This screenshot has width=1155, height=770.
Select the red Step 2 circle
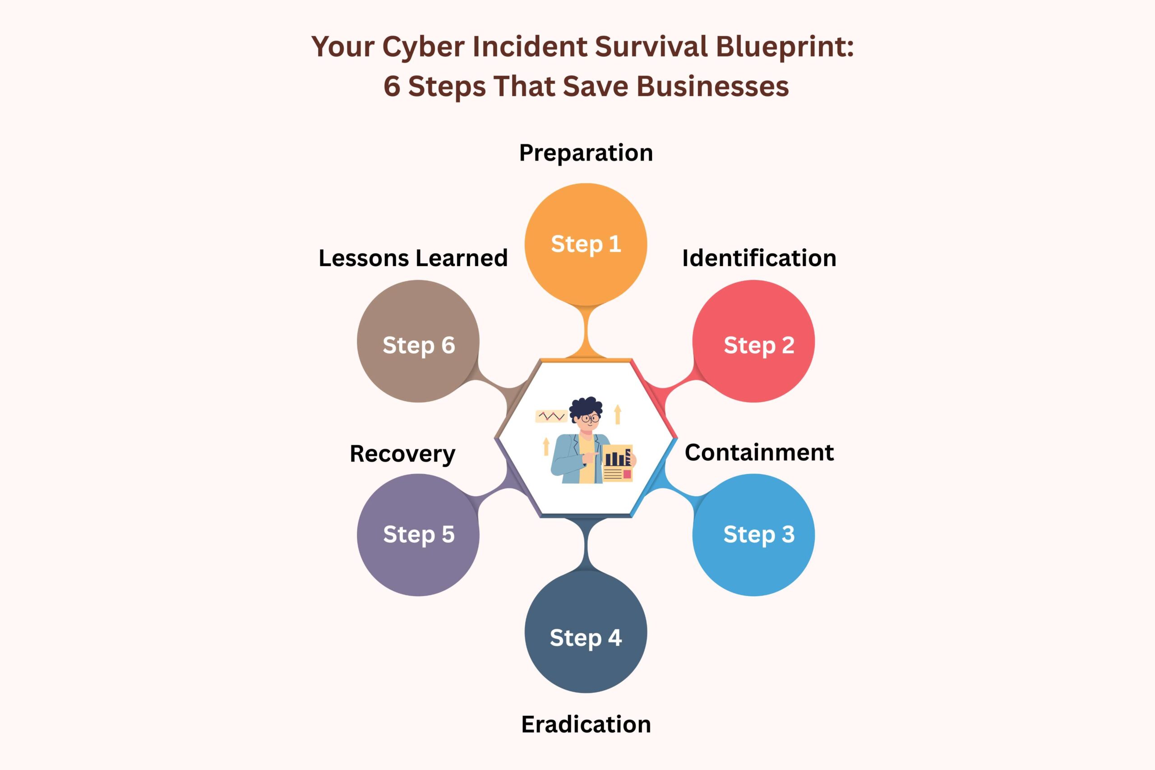coord(753,341)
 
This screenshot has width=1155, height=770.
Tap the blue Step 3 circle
coord(753,535)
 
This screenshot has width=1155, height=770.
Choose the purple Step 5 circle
coord(418,535)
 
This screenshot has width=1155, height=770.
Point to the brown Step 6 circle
coord(418,341)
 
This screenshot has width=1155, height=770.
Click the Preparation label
coord(586,153)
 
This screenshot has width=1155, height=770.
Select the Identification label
coord(759,258)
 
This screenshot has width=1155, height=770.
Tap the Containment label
coord(759,452)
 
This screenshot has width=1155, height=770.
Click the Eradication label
coord(586,724)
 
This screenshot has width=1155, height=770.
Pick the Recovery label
coord(402,454)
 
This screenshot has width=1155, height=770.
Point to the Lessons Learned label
coord(413,258)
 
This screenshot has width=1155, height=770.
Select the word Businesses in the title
coord(712,87)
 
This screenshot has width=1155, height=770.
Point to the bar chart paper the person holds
coord(617,463)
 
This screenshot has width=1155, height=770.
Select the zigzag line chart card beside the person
coord(551,416)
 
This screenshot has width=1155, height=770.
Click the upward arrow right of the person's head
coord(618,414)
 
